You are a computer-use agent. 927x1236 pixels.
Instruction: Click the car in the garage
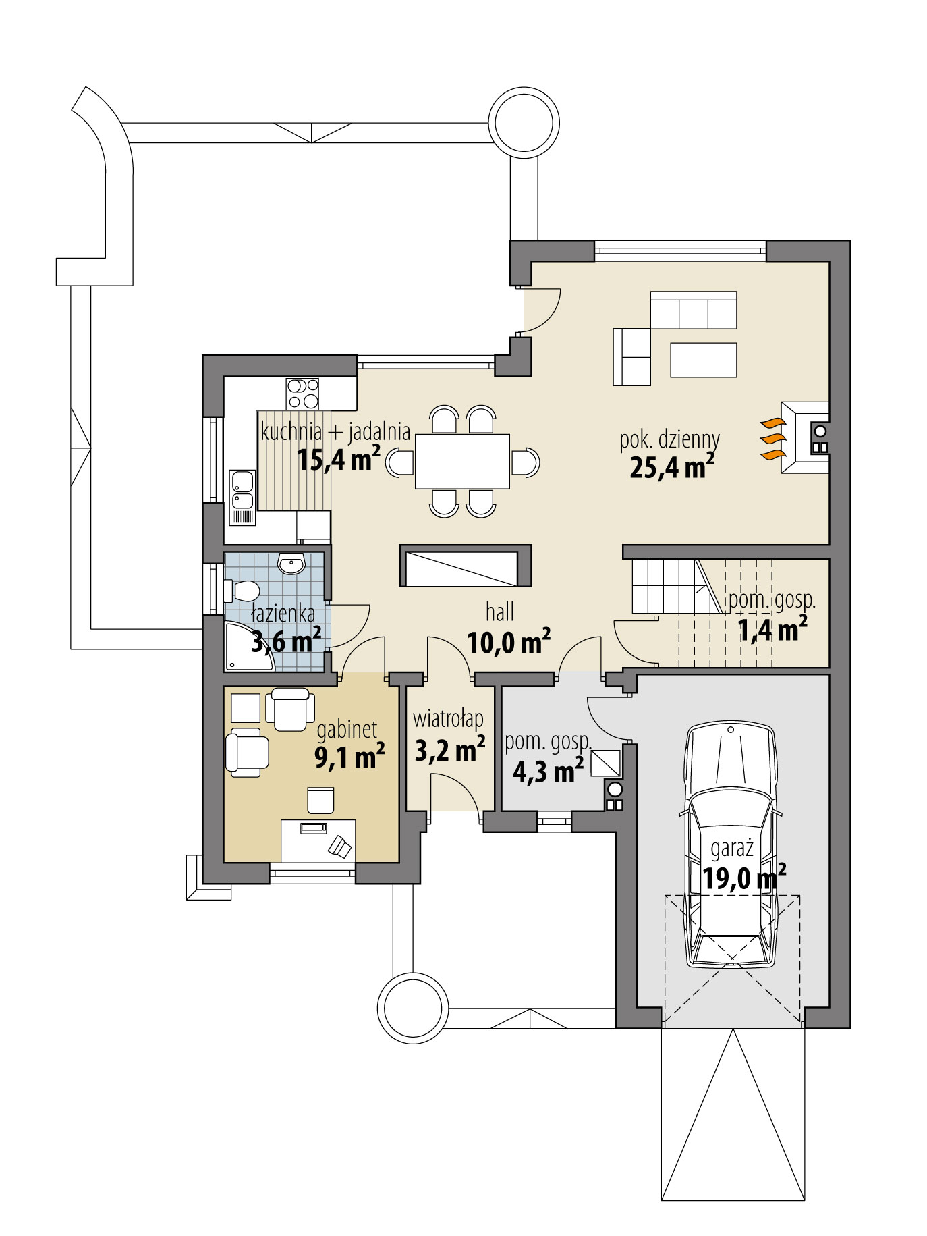[731, 844]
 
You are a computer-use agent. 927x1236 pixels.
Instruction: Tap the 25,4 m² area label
[671, 466]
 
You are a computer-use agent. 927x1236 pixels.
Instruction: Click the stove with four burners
[302, 394]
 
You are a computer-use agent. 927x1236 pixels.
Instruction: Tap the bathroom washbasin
[291, 563]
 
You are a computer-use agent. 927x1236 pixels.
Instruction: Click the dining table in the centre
[462, 462]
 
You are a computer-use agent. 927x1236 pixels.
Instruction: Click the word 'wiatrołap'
[448, 718]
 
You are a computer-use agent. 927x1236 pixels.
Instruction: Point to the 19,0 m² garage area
[743, 879]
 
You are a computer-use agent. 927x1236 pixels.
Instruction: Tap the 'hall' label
[500, 612]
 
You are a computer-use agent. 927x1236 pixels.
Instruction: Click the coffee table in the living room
[703, 360]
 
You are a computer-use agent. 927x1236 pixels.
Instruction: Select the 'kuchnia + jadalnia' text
[335, 431]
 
